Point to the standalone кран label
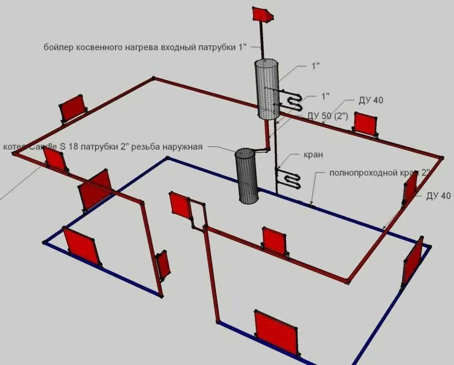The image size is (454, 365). pyautogui.click(x=314, y=154)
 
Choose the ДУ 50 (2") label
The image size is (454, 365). pyautogui.click(x=328, y=115)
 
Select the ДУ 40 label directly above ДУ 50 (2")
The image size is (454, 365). pyautogui.click(x=371, y=100)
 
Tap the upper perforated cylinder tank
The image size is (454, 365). pyautogui.click(x=268, y=88)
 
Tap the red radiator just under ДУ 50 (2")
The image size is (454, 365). pyautogui.click(x=365, y=124)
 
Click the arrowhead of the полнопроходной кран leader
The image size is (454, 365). pyautogui.click(x=311, y=205)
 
